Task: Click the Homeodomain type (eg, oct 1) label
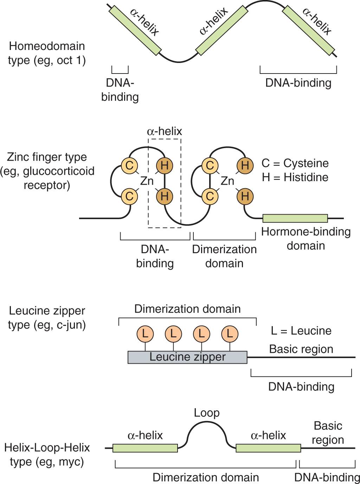click(x=47, y=53)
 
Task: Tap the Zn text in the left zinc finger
click(x=147, y=181)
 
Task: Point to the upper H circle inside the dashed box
click(x=165, y=165)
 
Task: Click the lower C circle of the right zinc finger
click(x=210, y=196)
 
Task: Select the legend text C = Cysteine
click(x=295, y=163)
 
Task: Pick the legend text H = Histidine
click(x=295, y=177)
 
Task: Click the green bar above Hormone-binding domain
click(x=295, y=218)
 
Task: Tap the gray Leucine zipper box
click(x=187, y=357)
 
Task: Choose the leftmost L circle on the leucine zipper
click(x=145, y=333)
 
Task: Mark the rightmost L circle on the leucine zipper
click(x=230, y=333)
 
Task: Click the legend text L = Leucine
click(x=301, y=331)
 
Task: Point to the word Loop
click(x=207, y=413)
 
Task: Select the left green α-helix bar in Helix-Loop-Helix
click(x=145, y=448)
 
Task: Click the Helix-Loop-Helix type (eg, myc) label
click(x=47, y=454)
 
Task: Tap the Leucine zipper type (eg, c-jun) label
click(x=47, y=318)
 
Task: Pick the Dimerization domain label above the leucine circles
click(x=187, y=309)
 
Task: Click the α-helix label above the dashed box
click(x=164, y=131)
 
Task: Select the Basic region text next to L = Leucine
click(x=301, y=349)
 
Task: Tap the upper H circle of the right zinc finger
click(x=245, y=165)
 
